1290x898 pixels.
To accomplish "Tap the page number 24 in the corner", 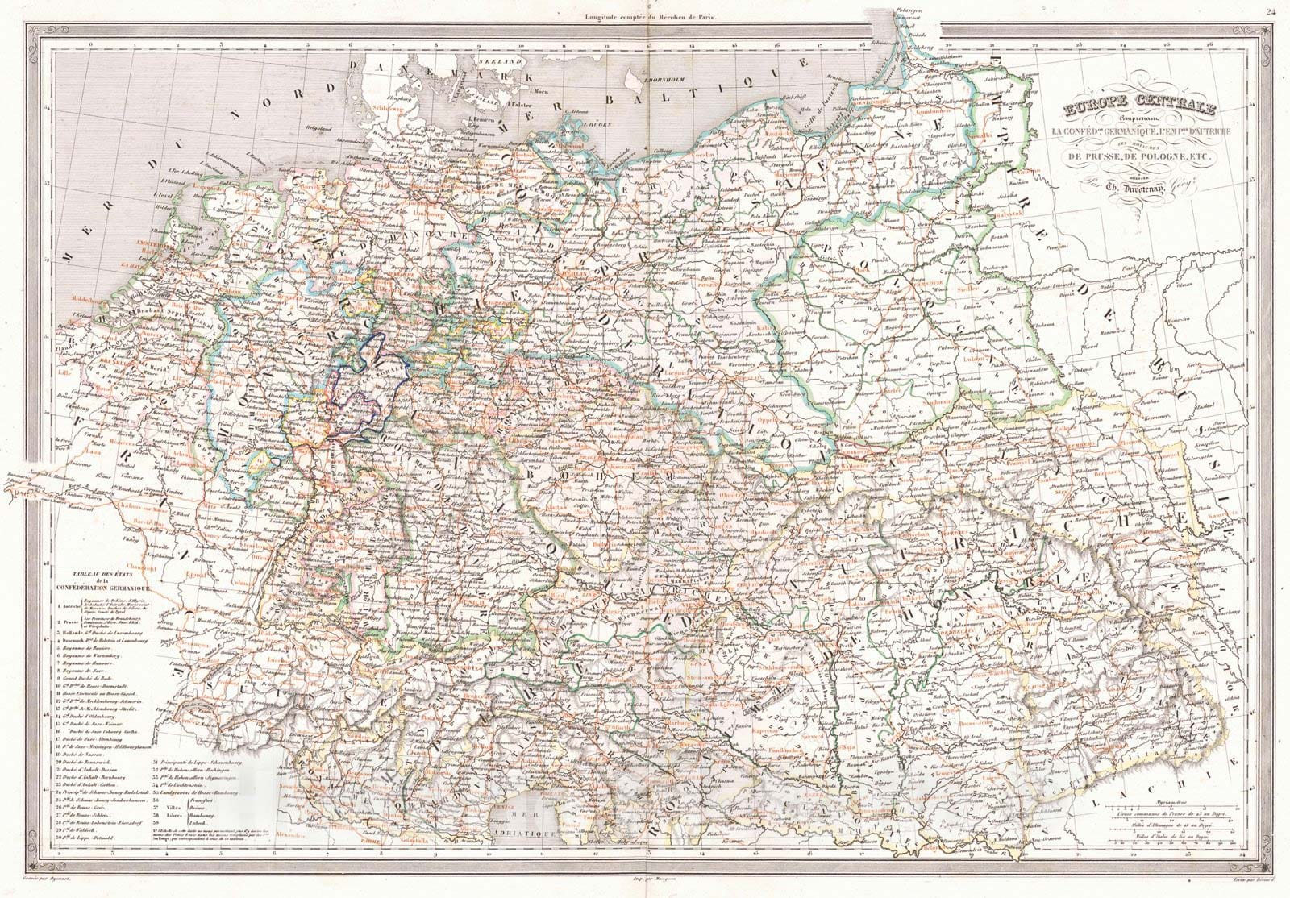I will point(1271,9).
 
